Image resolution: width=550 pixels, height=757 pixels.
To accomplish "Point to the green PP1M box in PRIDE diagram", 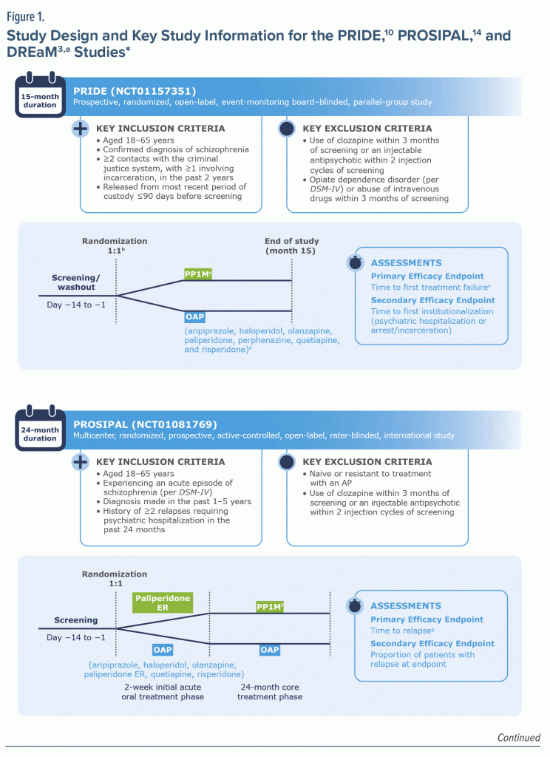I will pos(200,275).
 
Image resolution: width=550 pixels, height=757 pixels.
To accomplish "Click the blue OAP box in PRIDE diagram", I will pos(196,316).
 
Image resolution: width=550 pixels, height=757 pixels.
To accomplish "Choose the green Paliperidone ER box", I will pos(161,602).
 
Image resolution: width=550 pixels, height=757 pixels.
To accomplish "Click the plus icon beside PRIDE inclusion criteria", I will pos(80,128).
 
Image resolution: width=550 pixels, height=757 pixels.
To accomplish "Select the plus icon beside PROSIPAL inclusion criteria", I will pos(80,461).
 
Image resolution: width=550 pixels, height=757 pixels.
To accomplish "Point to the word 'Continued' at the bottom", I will pos(518,737).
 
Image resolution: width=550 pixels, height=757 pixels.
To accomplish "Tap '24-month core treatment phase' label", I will pos(270,691).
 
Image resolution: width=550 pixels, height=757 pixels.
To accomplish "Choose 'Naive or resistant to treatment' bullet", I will pos(370,473).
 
